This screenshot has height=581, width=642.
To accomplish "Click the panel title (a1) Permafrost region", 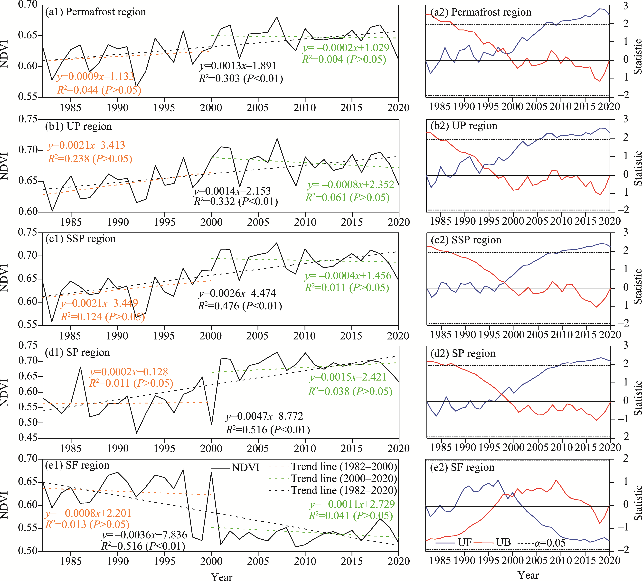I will click(95, 12).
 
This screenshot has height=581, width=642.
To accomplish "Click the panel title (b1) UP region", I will click(79, 126).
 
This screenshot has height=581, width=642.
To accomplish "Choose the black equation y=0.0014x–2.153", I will click(232, 191).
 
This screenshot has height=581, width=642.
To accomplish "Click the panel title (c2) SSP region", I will click(466, 240).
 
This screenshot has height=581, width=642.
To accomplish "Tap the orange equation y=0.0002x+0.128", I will click(129, 372).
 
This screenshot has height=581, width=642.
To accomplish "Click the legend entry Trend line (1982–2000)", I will click(344, 467).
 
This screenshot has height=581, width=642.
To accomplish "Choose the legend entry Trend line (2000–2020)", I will click(344, 479).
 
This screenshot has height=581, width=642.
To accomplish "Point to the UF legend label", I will click(465, 543).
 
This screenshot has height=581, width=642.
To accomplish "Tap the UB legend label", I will click(503, 543).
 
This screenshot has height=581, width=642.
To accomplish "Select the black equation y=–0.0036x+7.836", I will click(144, 535).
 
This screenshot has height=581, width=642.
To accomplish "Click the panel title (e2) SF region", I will click(462, 467).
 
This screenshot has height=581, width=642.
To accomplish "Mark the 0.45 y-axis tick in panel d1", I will click(28, 438).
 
